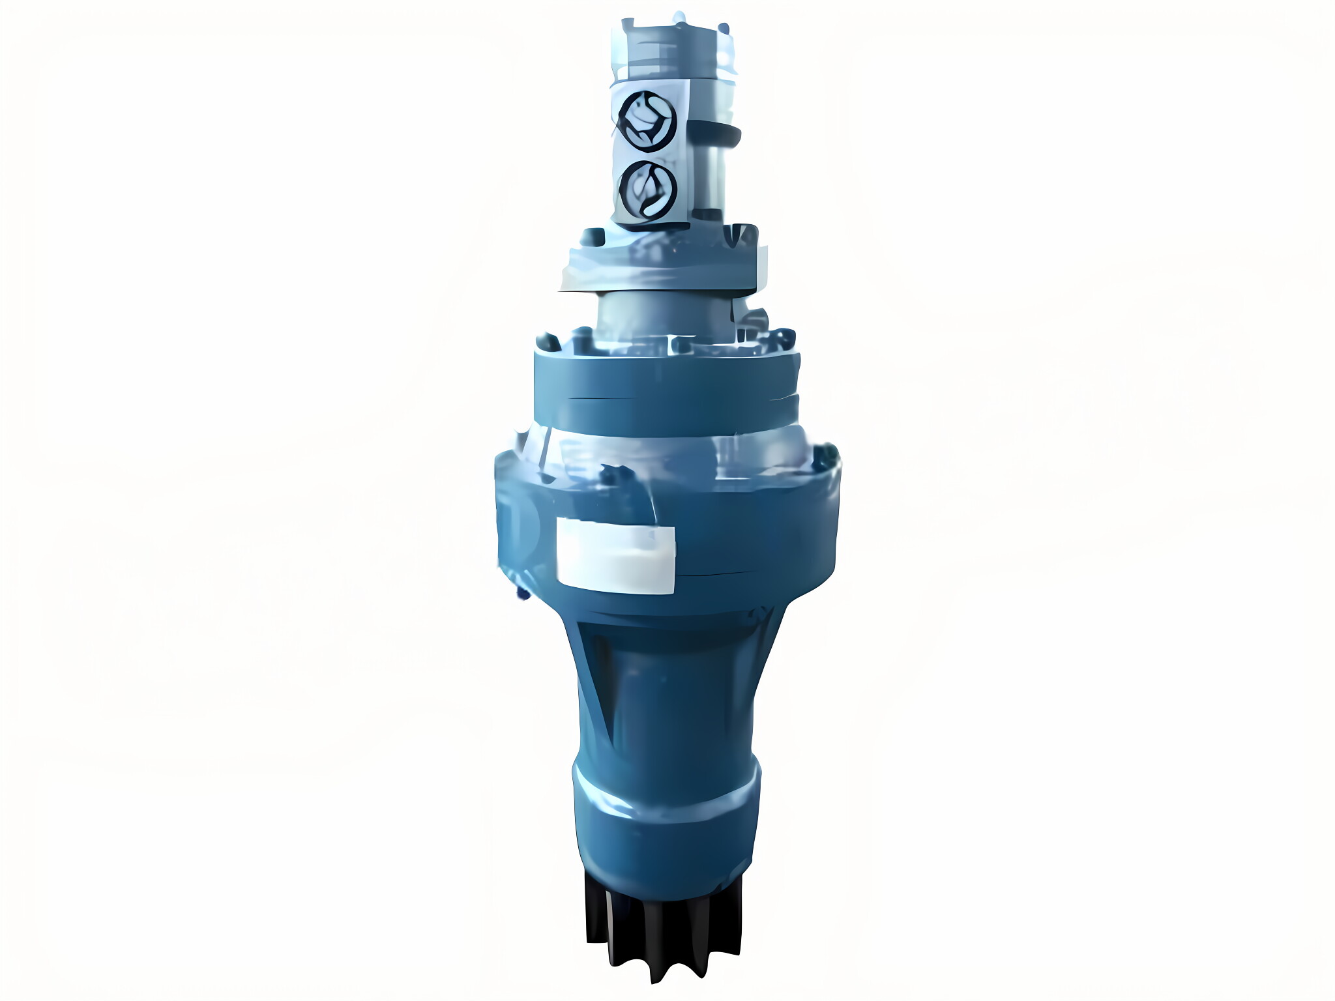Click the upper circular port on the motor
pos(647,121)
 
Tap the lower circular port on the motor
pos(647,190)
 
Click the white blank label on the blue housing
pos(615,556)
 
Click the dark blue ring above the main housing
pos(665,384)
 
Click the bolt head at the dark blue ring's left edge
pos(546,341)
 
